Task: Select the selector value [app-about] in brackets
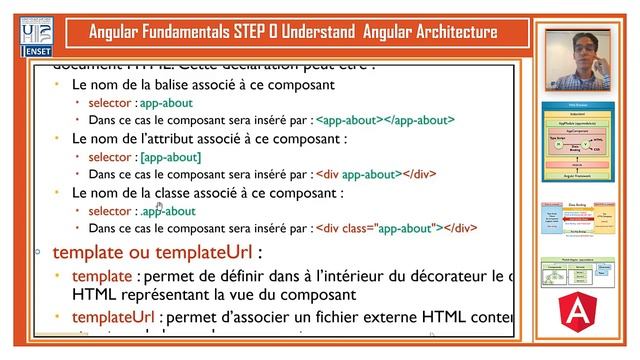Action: tap(171, 156)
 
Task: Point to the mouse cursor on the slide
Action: tap(159, 205)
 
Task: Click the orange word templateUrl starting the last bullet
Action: tap(110, 319)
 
